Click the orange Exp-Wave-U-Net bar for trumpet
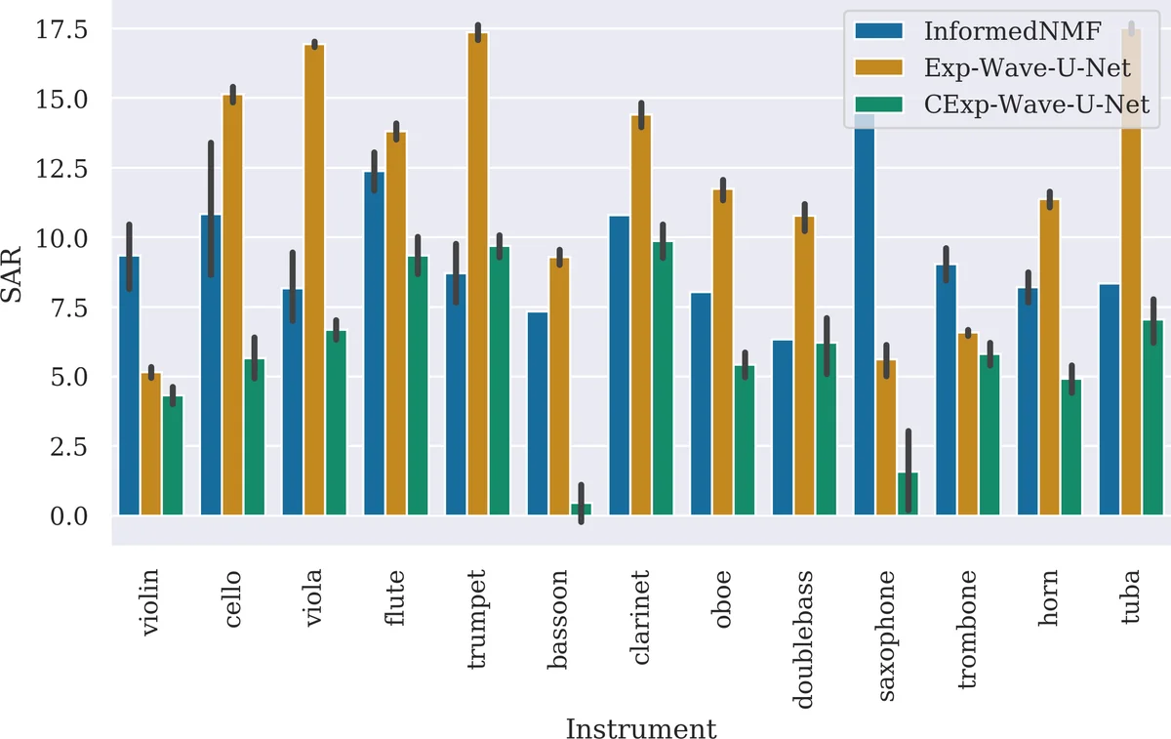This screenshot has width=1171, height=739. (x=477, y=273)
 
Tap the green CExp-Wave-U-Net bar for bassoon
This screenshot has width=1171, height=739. (x=581, y=509)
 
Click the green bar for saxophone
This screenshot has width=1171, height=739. (x=908, y=493)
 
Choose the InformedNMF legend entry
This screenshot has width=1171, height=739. (x=1012, y=31)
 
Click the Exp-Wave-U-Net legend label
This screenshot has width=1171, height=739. (x=1027, y=67)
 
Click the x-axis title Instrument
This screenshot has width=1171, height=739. (x=641, y=728)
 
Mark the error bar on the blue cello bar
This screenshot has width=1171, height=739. (x=211, y=209)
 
